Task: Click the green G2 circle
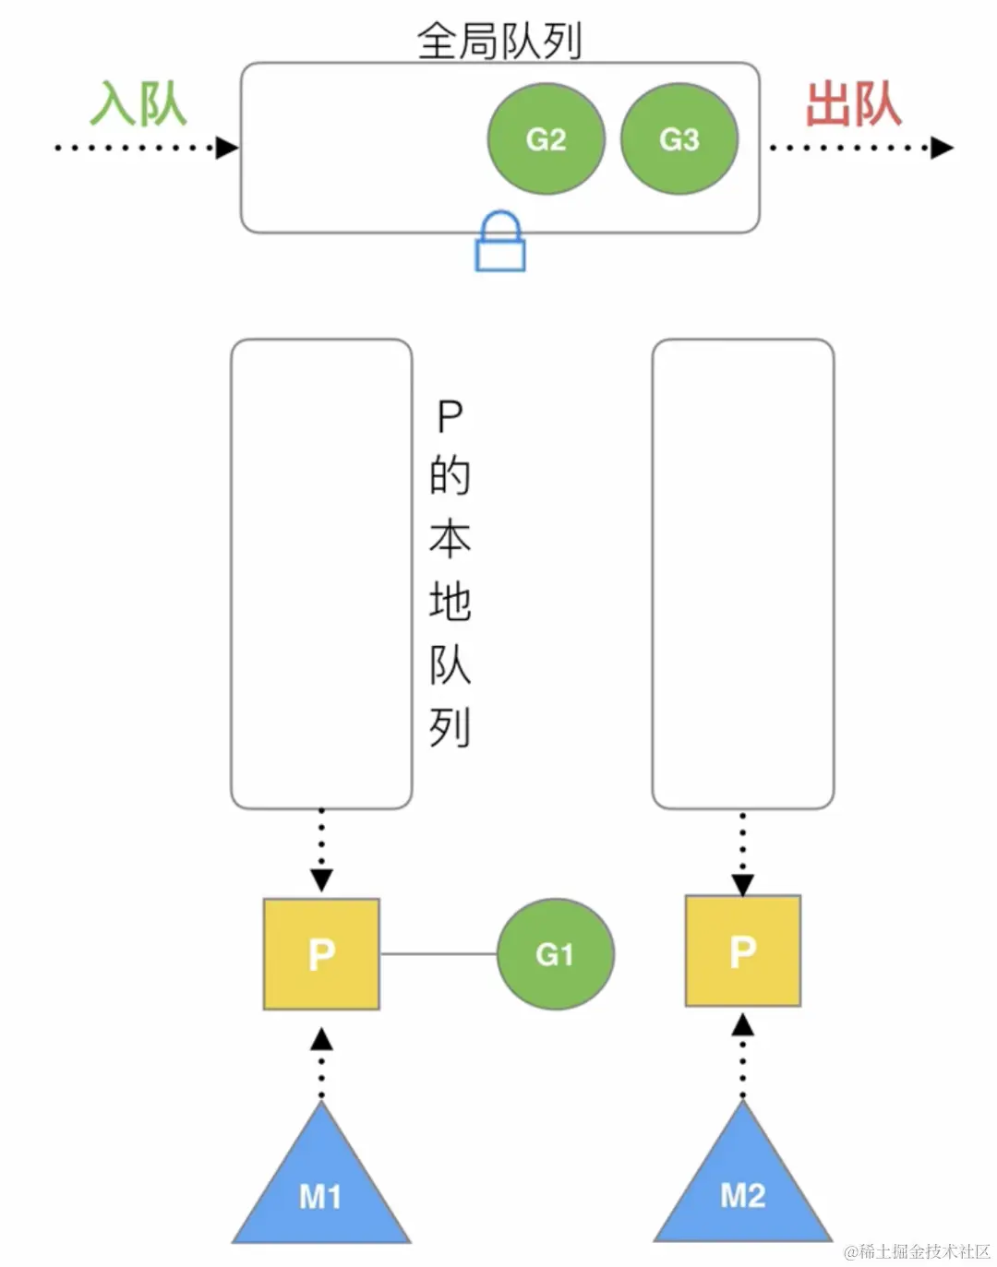click(x=546, y=138)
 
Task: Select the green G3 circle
click(x=679, y=138)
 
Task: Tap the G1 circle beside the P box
click(x=555, y=953)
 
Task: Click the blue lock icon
click(x=500, y=243)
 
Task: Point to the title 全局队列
click(x=498, y=41)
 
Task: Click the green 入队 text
click(x=138, y=103)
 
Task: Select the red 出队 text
click(x=853, y=103)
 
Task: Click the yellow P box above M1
click(x=321, y=953)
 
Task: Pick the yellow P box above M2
click(x=742, y=950)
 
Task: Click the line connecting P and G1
click(x=438, y=953)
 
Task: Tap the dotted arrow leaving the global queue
click(x=859, y=148)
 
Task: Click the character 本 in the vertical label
click(x=450, y=539)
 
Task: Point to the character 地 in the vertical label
click(x=450, y=602)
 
